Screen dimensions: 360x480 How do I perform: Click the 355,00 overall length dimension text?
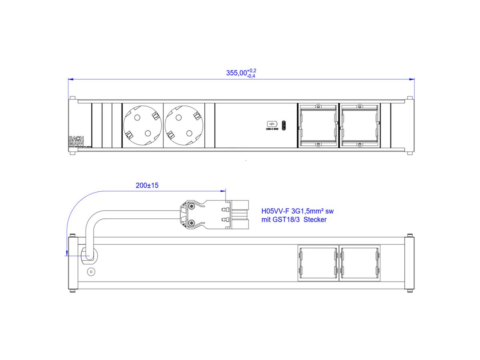pos(236,73)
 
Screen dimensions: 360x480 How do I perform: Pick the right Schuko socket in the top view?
pos(184,126)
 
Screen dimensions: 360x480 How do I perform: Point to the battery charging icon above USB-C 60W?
pos(270,124)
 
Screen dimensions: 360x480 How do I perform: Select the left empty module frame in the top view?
pos(318,126)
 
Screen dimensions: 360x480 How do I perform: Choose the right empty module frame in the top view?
pos(359,126)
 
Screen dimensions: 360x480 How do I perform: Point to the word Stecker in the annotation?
pos(315,220)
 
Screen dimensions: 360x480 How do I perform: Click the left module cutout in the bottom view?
pos(318,262)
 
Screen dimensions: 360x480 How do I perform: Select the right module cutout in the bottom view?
pos(359,262)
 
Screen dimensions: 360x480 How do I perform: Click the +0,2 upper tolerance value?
pos(252,70)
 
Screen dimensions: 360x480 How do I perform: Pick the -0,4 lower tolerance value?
pos(252,76)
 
